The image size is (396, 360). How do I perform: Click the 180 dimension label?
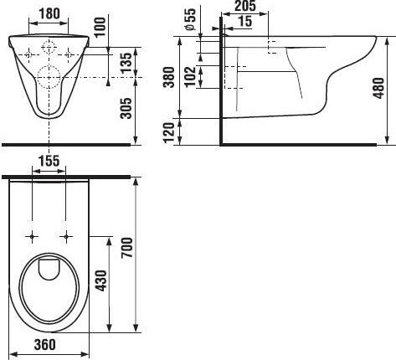click(49, 13)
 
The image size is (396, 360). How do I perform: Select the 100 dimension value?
click(100, 27)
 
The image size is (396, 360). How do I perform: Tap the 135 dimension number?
click(126, 63)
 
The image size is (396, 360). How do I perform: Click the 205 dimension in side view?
click(245, 6)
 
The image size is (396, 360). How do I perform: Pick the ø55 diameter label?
click(190, 19)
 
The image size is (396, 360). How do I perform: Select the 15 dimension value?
click(245, 21)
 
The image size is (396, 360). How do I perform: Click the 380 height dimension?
click(169, 77)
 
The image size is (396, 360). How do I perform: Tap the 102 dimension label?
click(190, 77)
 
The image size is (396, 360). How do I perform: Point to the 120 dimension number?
click(168, 132)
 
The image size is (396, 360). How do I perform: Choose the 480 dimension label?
click(378, 88)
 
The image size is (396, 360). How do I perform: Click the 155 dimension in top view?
click(49, 161)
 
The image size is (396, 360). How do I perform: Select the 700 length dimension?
click(126, 247)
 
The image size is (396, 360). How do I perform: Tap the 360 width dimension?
click(45, 344)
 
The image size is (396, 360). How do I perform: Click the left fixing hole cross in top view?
click(32, 237)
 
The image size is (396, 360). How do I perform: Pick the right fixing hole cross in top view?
click(66, 237)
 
